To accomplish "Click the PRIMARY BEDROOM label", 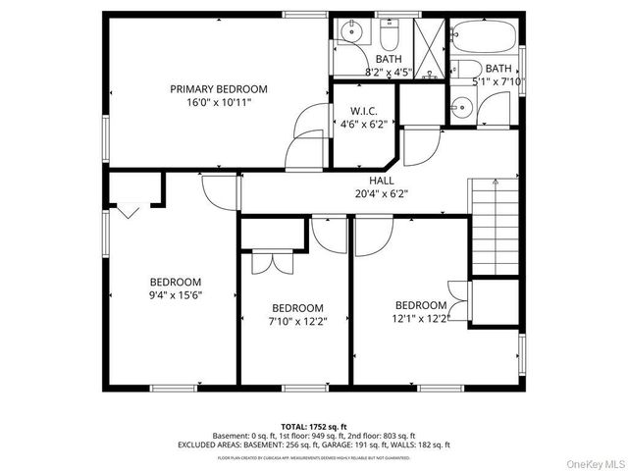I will (218, 88).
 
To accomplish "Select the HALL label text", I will (382, 181).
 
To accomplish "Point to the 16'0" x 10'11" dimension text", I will (218, 101).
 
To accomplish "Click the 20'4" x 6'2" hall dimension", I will (382, 193).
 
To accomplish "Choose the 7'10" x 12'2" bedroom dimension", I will (297, 320).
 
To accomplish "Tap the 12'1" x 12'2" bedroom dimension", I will (422, 318).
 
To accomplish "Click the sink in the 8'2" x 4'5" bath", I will (350, 35).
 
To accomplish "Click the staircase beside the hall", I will (494, 226).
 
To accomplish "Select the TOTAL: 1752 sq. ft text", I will (314, 425).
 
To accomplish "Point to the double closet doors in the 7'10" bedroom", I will (268, 261).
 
